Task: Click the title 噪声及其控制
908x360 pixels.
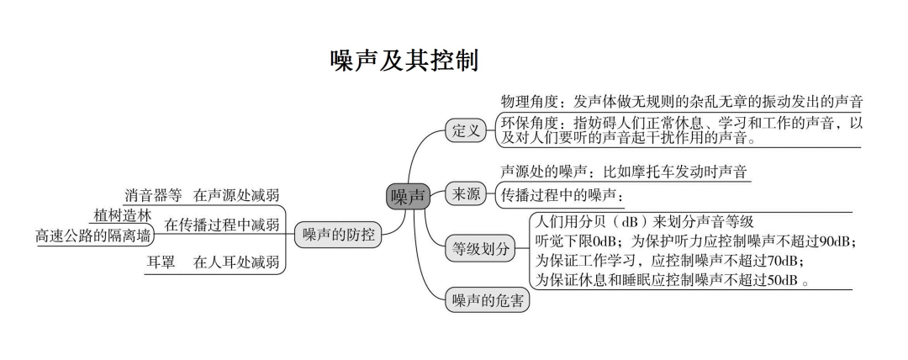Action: tap(405, 61)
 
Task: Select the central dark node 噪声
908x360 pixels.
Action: tap(408, 197)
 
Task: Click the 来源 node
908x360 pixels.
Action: tap(464, 194)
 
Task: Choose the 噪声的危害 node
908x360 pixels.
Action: tap(487, 300)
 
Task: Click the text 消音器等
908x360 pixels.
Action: tap(153, 196)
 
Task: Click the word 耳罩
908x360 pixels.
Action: tap(161, 262)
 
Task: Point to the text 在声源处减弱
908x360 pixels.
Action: tap(236, 196)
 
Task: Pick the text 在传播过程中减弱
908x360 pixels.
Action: tap(221, 225)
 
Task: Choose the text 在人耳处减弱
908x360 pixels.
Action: tap(236, 262)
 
